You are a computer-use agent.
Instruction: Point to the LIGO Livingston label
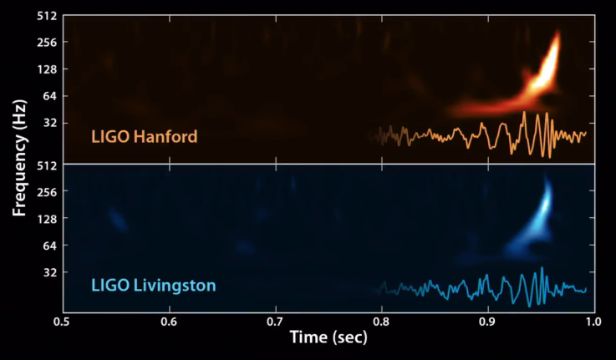coord(153,285)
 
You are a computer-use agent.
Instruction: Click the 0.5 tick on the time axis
coord(62,321)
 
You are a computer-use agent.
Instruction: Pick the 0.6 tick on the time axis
coord(169,321)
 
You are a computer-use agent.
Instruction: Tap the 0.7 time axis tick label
coord(275,321)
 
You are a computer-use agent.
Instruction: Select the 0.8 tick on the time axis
coord(381,321)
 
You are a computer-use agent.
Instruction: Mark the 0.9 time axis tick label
coord(487,321)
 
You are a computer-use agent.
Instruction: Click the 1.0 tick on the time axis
coord(593,321)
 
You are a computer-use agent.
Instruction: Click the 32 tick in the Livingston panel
coord(48,272)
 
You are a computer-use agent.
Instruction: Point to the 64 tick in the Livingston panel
coord(48,246)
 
